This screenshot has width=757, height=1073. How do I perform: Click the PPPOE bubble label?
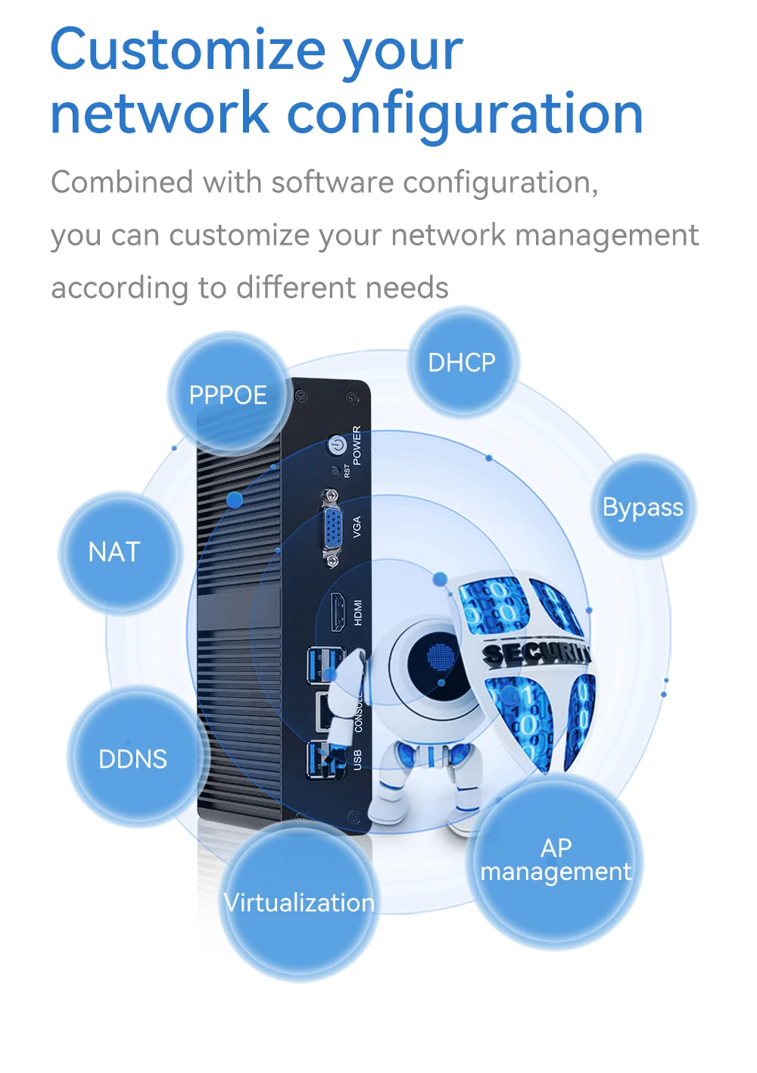tap(228, 395)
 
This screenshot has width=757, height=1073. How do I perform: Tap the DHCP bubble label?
tap(462, 363)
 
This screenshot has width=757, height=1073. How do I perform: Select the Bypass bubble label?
tap(643, 507)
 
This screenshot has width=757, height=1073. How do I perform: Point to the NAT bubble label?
tap(114, 551)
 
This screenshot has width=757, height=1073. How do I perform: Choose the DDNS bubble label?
tap(133, 759)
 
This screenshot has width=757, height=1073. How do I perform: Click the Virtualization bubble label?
tap(299, 903)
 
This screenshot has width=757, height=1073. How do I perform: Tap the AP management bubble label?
tap(556, 860)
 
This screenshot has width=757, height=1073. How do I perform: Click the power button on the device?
tap(336, 445)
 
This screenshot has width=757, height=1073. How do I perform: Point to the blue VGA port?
tap(332, 527)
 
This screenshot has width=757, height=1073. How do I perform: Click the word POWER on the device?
tap(357, 444)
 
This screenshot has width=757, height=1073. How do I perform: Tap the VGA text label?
tap(357, 527)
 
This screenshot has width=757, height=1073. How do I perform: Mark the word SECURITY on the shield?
tap(536, 653)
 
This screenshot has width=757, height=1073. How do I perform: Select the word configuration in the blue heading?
tap(465, 114)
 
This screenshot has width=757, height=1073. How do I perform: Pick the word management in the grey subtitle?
tap(606, 235)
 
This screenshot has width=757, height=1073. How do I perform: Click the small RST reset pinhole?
tap(335, 471)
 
